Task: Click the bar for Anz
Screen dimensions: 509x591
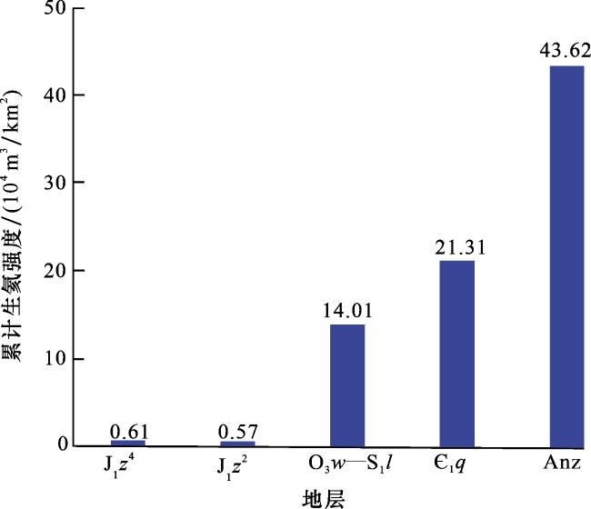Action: point(567,255)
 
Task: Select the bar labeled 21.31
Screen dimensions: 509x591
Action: point(457,353)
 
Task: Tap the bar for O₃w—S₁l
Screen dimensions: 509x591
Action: point(347,384)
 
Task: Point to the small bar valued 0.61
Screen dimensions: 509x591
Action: point(127,443)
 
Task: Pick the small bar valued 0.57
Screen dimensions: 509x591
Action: point(237,444)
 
